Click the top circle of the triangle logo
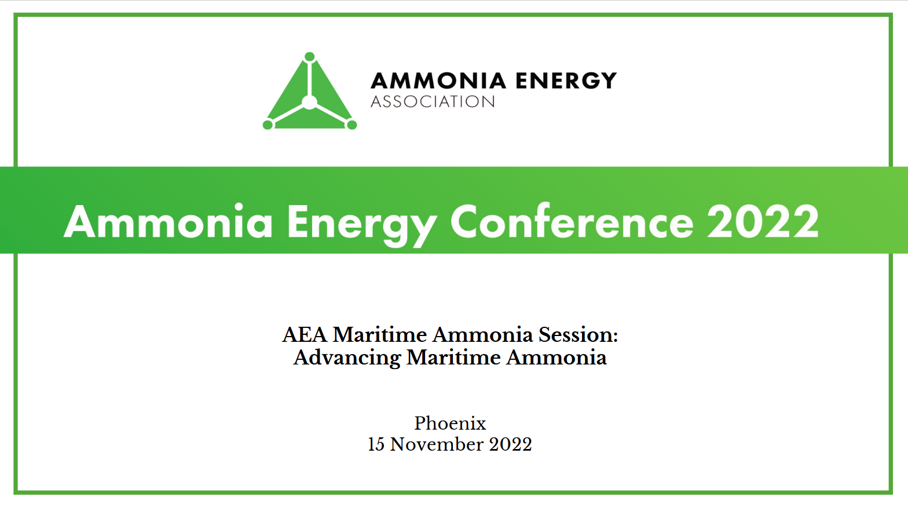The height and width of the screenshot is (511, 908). [310, 57]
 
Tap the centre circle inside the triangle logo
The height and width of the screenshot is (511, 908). [310, 103]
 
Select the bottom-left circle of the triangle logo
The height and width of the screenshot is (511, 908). [268, 125]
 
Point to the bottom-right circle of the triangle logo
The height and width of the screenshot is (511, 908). [352, 125]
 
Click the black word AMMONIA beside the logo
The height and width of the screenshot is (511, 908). [439, 81]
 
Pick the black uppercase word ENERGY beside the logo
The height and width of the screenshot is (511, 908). [566, 81]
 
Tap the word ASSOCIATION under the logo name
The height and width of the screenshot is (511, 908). [433, 102]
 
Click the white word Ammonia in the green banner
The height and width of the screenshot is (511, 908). [169, 222]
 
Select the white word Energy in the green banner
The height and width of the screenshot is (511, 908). [362, 223]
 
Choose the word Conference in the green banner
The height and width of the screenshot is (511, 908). [572, 222]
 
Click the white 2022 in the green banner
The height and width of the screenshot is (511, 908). [763, 222]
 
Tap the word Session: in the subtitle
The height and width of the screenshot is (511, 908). [578, 335]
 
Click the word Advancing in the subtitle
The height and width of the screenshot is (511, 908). [347, 358]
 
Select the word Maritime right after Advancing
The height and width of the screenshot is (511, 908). [453, 357]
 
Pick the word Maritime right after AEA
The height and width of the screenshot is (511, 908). [379, 335]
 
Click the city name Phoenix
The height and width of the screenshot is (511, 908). [450, 424]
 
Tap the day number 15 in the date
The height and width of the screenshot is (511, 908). [376, 444]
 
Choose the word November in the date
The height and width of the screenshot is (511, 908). [437, 444]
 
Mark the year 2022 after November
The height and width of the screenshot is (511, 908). [510, 444]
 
